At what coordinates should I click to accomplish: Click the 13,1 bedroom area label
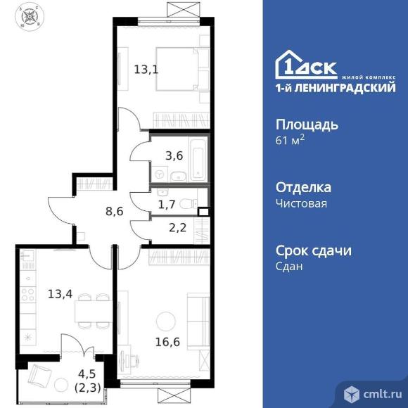coord(146,70)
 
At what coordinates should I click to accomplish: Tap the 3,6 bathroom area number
coord(174,156)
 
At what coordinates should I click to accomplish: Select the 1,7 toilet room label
coord(167,205)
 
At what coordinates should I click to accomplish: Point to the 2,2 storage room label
coord(177,228)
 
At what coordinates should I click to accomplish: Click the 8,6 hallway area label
coord(114,212)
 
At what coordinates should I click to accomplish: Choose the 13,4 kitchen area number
coord(60,294)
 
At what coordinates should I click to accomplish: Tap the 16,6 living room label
coord(167,342)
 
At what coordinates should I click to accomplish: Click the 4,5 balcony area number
coord(87,374)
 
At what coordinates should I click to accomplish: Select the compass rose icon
coord(30,17)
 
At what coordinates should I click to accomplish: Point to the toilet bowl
coord(188,203)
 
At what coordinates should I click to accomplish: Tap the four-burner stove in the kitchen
coord(28,295)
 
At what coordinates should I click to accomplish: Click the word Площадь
coord(307,125)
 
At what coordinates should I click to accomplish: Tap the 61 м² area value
coord(290,140)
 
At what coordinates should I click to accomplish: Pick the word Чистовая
coord(301,203)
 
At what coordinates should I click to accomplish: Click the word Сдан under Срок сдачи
coord(289,267)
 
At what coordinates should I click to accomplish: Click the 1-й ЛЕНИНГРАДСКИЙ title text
coord(336,88)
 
